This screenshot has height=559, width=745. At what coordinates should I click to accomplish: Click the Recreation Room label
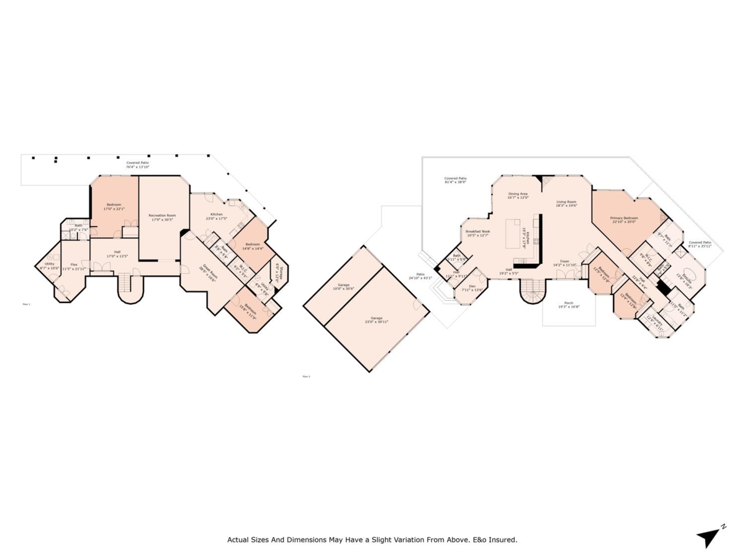162,217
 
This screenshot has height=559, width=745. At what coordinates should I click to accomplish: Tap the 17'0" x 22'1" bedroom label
114,207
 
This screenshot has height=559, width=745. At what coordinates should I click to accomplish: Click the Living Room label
566,203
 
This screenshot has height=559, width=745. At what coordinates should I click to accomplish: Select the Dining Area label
518,196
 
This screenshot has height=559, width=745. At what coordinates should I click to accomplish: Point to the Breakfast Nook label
478,233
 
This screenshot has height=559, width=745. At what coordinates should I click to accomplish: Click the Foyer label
564,263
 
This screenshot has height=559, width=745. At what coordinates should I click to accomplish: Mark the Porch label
569,304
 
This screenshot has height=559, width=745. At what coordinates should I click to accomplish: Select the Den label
472,288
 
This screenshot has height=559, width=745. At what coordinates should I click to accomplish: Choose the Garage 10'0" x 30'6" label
343,287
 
